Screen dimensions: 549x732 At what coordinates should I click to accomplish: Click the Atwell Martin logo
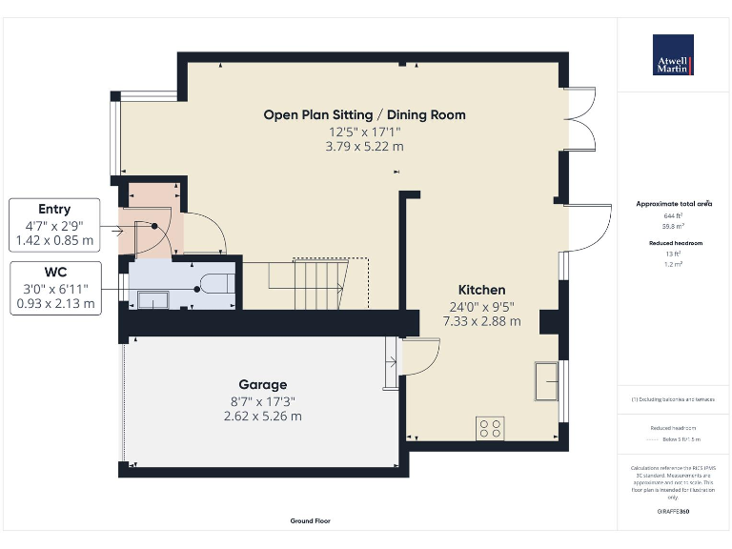pos(673,55)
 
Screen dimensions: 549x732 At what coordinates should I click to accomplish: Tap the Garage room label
pos(262,384)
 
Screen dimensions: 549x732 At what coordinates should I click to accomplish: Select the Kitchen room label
pos(481,290)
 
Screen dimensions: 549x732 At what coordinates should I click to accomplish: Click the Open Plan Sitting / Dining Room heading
pos(365,114)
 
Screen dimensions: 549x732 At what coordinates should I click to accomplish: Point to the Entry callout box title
pos(54,209)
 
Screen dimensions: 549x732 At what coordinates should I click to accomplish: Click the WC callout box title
pos(54,271)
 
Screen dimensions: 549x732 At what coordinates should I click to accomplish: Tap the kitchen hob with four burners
pos(491,429)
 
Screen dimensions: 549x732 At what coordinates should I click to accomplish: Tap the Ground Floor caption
pos(311,521)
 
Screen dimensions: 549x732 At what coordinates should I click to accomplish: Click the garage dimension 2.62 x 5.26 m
pos(262,417)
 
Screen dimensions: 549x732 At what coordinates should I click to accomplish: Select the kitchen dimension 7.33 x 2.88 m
pos(481,322)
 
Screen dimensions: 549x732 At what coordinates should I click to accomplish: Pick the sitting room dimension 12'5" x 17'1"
pos(365,131)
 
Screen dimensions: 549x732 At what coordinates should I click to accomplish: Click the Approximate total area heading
pos(674,204)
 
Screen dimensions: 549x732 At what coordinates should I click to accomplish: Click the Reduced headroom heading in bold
pos(673,243)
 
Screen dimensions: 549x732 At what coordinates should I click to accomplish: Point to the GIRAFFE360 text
pos(673,512)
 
